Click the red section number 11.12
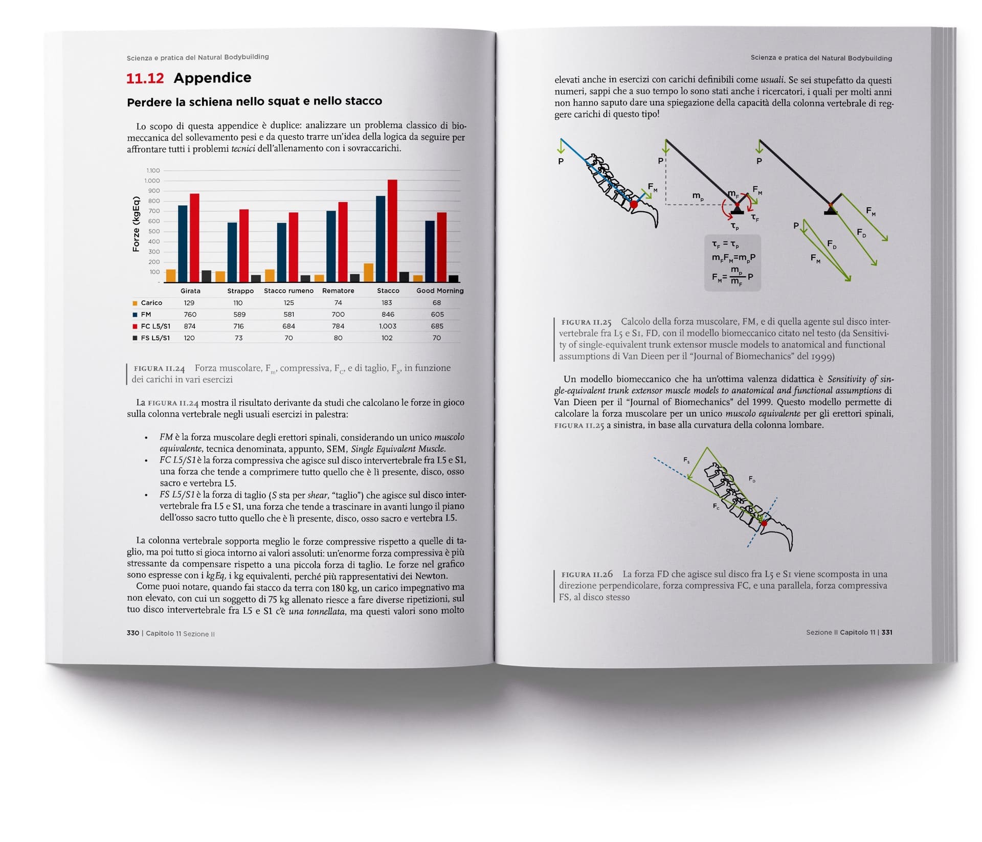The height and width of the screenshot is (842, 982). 145,78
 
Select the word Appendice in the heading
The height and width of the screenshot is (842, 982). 212,78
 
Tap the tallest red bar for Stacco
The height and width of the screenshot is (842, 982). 392,230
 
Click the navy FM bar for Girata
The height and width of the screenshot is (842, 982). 183,243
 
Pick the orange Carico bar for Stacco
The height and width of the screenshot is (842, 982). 368,273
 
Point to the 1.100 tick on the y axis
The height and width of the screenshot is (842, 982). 153,170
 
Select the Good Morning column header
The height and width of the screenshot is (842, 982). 440,291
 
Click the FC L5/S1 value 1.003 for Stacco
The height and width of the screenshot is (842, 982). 387,326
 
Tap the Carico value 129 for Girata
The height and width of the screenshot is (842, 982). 189,303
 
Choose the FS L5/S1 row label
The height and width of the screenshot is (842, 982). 155,338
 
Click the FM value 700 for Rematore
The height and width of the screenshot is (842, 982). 338,314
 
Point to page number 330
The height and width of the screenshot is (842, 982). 133,633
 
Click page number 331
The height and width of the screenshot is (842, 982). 887,632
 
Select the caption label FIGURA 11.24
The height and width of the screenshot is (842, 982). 159,368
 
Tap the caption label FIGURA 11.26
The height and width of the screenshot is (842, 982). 587,574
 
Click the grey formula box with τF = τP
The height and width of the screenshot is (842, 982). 732,263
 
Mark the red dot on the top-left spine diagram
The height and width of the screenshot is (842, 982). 634,204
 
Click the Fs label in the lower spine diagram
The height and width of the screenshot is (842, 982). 686,460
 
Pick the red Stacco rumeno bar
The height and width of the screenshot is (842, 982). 294,247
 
